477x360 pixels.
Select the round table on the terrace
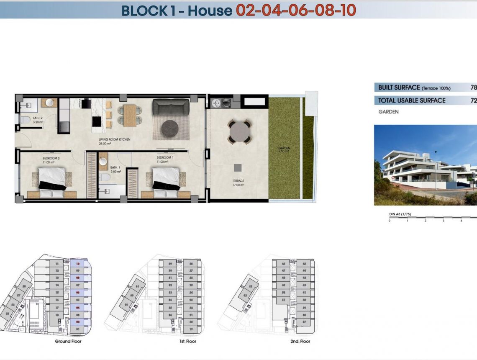(x=239, y=131)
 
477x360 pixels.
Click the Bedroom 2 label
(x=51, y=159)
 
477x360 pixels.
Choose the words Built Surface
(x=399, y=87)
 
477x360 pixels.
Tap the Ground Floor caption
(x=68, y=342)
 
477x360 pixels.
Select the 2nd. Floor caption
(x=300, y=342)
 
